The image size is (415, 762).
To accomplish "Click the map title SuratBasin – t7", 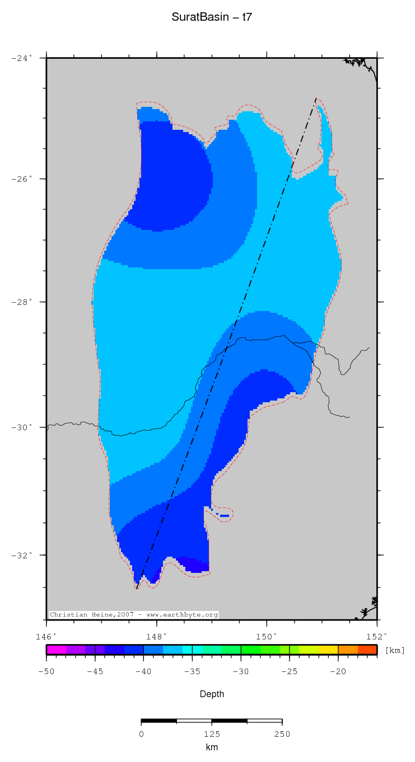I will (212, 18).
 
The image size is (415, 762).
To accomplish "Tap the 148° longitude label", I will (156, 636).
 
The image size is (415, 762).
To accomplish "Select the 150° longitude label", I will (267, 636).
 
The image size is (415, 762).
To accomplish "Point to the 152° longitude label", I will (376, 636).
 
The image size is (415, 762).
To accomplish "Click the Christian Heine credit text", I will (133, 614).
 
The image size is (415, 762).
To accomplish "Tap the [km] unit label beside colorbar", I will (395, 650).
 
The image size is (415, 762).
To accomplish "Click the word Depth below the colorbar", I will (212, 694).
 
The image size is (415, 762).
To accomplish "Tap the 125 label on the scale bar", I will (211, 734).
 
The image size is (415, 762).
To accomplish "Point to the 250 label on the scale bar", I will (282, 734).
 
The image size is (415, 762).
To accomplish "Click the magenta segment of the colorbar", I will (56, 650).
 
